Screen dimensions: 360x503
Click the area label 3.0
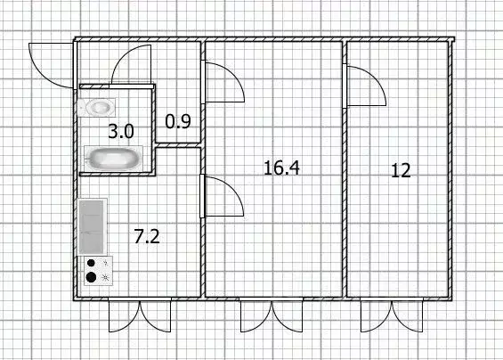[x=121, y=131]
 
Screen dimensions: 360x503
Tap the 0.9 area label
[x=179, y=122]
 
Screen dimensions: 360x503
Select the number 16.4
[x=280, y=166]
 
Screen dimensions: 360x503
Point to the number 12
[x=402, y=170]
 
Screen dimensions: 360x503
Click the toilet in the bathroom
[x=95, y=107]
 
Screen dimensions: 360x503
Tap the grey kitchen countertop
[x=92, y=226]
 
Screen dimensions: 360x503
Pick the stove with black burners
[x=95, y=271]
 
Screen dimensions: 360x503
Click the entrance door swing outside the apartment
[x=49, y=62]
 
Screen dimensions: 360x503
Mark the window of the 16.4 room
[x=271, y=315]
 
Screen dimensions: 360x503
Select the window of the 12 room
[x=388, y=315]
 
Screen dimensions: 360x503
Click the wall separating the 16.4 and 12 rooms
[x=344, y=169]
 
